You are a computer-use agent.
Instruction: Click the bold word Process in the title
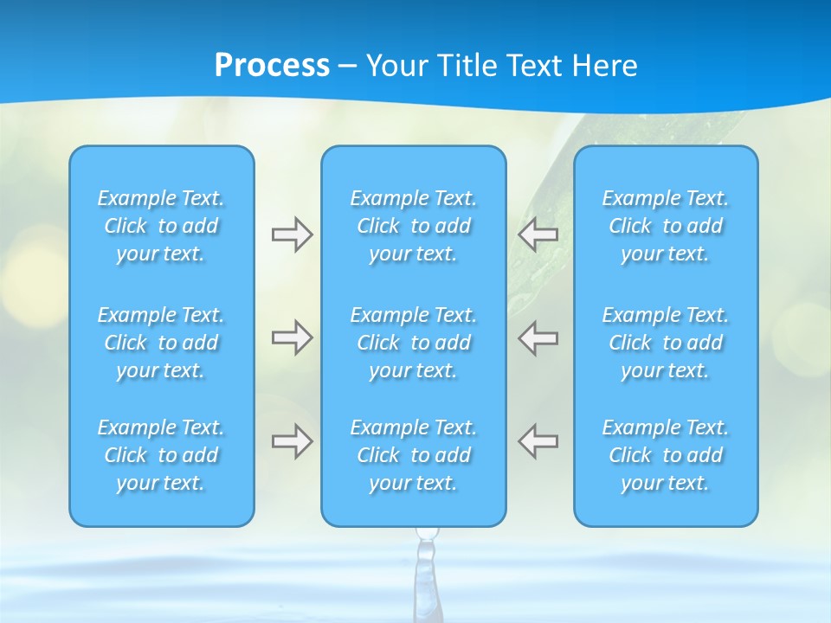click(272, 66)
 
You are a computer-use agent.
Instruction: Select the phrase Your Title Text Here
click(501, 66)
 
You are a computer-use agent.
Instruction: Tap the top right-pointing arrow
click(292, 234)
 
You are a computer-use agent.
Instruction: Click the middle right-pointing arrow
click(292, 337)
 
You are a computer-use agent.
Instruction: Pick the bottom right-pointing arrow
click(292, 441)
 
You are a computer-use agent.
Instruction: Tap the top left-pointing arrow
click(538, 234)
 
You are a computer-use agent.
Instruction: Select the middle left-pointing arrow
click(538, 337)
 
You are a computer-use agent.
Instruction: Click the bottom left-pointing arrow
click(538, 441)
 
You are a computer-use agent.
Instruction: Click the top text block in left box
click(161, 226)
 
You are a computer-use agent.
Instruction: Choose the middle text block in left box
click(161, 343)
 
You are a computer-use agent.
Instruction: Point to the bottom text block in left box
click(161, 455)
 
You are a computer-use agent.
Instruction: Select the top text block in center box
click(413, 226)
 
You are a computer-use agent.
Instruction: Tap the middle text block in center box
click(413, 343)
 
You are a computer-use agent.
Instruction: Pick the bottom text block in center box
click(413, 455)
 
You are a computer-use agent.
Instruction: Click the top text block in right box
click(665, 226)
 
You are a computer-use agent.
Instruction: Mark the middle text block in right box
click(665, 343)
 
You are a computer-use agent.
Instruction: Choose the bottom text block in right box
click(665, 455)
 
